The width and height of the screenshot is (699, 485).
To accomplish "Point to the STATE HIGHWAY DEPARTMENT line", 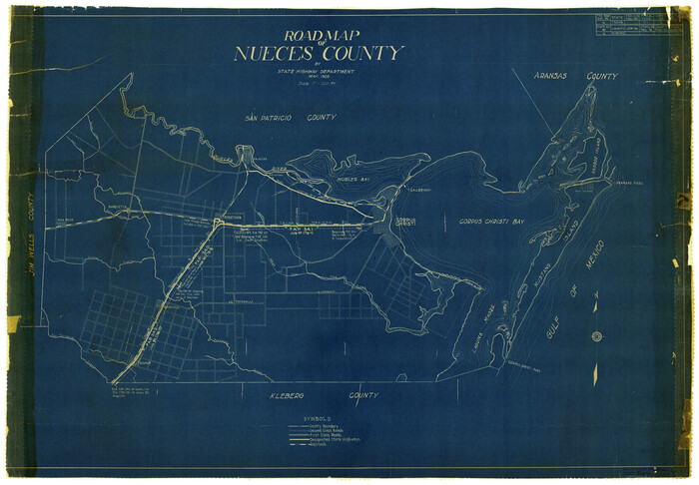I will click(x=317, y=72).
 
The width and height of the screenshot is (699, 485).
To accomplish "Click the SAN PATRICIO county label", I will click(x=291, y=118).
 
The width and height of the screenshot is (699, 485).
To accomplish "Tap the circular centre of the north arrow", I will click(x=597, y=336).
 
